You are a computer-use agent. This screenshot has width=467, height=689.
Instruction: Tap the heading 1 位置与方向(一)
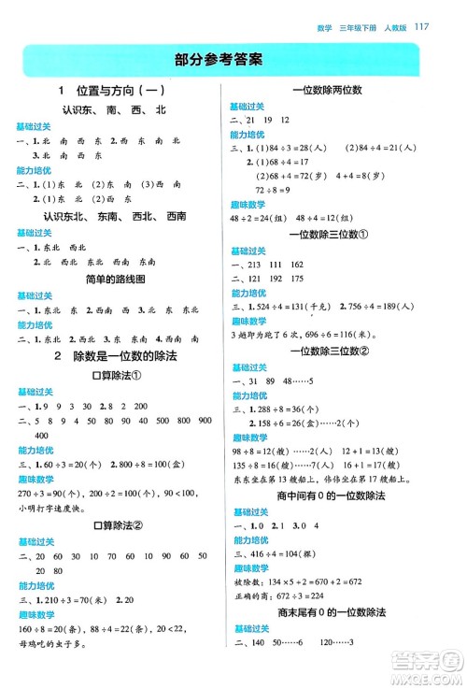click(112, 92)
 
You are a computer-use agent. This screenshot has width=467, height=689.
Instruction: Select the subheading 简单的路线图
click(112, 280)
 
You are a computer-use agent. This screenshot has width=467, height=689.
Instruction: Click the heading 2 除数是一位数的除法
click(112, 356)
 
